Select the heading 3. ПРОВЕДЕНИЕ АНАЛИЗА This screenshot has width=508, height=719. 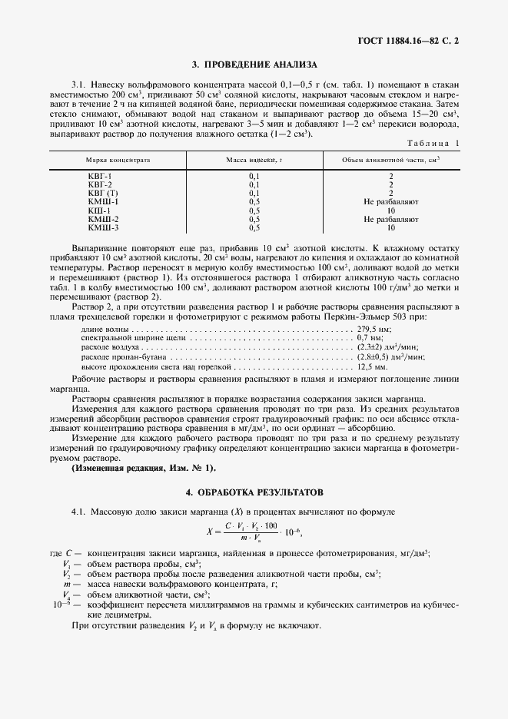click(x=254, y=65)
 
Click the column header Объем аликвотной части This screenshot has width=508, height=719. click(x=390, y=160)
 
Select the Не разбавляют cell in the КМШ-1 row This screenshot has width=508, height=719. click(x=390, y=201)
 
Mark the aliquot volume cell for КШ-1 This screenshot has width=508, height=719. click(x=390, y=210)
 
